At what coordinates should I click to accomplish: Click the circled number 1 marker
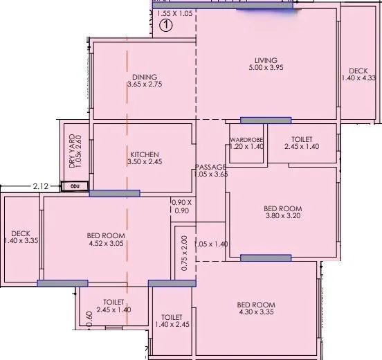(x=165, y=26)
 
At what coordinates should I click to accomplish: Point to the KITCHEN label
(x=145, y=154)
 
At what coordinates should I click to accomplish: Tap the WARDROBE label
(x=247, y=140)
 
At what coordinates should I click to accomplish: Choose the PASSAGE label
(x=210, y=167)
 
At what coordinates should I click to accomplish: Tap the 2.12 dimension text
(x=41, y=186)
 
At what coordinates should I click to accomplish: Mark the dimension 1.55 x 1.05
(x=174, y=13)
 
